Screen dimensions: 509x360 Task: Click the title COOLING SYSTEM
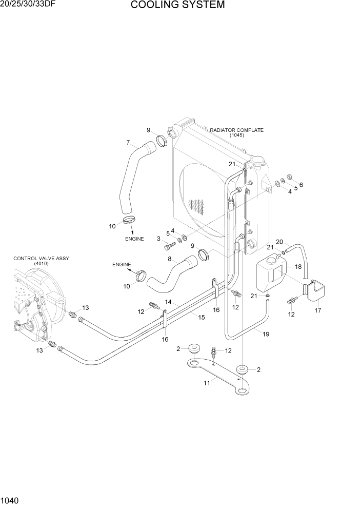coord(177,6)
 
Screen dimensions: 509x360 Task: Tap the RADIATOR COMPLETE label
coord(236,130)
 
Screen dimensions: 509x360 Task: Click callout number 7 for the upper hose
coord(128,142)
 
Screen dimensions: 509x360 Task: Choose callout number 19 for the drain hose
coord(266,334)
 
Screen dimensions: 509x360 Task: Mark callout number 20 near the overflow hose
coord(279,242)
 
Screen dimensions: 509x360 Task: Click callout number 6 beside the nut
coord(301,185)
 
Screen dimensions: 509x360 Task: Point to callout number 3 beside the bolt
coord(158,238)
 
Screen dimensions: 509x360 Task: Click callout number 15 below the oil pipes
coord(202,318)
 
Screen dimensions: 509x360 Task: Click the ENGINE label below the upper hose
coord(134,239)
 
